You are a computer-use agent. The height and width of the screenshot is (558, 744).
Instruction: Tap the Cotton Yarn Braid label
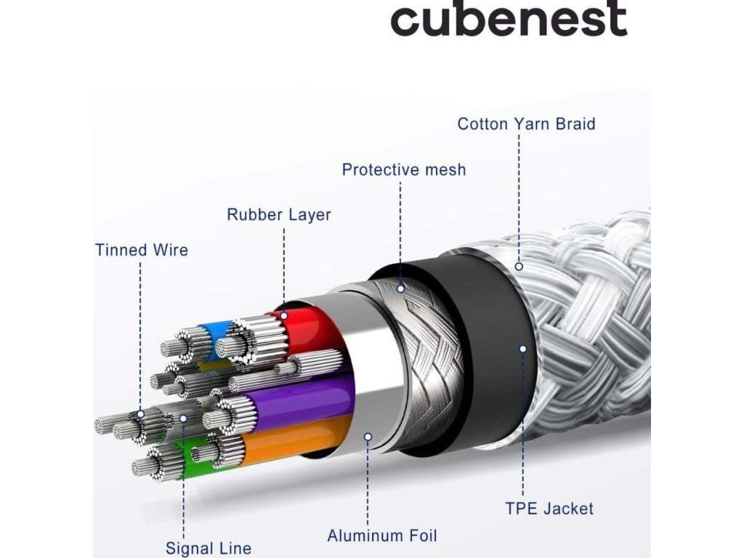(526, 124)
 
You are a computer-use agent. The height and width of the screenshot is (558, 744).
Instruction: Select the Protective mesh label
(404, 170)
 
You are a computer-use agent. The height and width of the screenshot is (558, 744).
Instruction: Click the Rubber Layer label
(279, 215)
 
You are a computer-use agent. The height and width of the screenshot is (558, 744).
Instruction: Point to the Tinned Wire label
(142, 251)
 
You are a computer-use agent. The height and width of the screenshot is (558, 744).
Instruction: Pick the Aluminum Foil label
(382, 536)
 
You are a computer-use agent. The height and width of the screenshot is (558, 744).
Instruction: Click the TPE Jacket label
(549, 509)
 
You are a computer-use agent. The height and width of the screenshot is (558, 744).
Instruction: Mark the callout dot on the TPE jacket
(522, 349)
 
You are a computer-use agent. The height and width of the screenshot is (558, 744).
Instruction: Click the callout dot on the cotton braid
(519, 267)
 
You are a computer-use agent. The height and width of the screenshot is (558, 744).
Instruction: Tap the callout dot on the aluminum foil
(368, 437)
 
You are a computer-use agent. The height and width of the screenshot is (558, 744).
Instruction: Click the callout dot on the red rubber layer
(284, 315)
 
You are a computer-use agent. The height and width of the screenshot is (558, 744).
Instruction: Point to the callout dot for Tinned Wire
(141, 413)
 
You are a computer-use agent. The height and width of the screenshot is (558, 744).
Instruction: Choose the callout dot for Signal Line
(183, 418)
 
